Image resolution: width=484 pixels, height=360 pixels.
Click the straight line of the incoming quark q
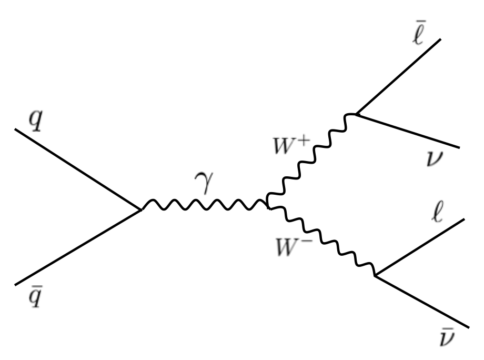pos(79,168)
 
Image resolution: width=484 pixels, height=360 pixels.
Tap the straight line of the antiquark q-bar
pos(79,247)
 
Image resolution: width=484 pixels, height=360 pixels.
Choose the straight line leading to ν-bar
pos(421,300)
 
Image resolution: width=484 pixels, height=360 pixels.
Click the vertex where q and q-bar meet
pos(141,210)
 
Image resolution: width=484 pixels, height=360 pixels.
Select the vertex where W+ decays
pos(356,114)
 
